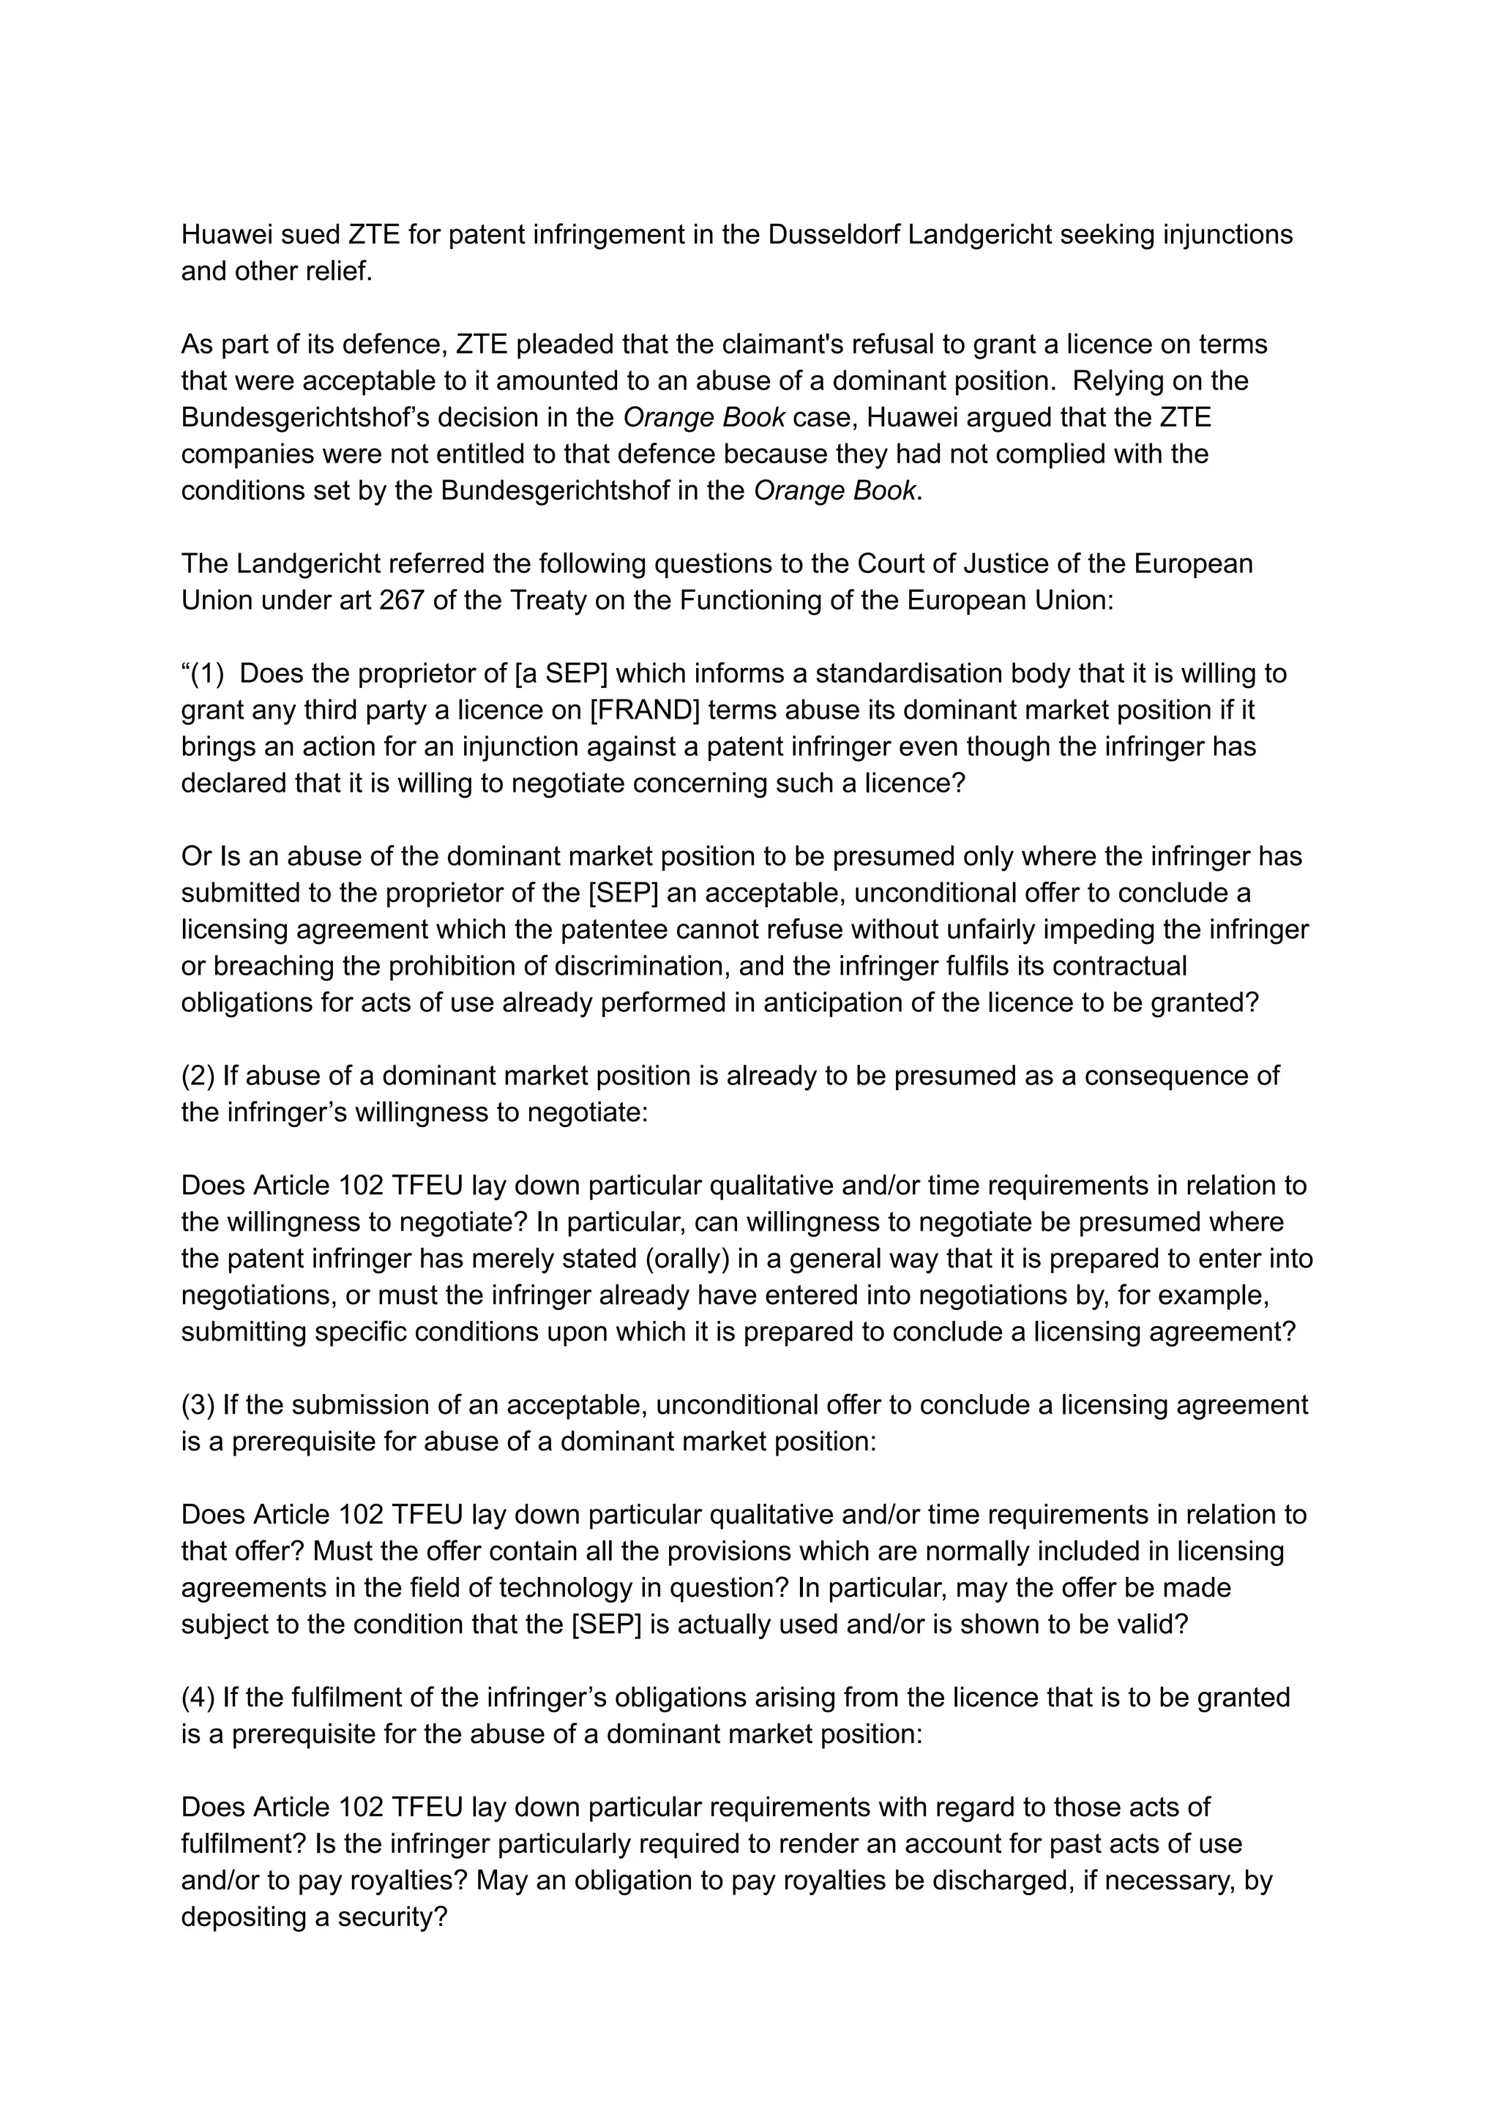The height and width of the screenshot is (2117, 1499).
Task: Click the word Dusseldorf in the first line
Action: (834, 236)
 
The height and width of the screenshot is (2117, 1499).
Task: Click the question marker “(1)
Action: (203, 674)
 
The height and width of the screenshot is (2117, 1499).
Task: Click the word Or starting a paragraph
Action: (195, 856)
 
